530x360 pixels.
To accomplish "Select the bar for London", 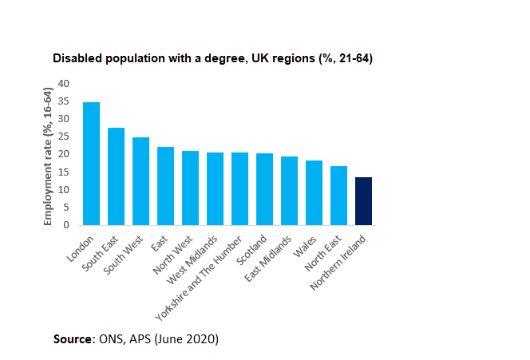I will click(91, 164).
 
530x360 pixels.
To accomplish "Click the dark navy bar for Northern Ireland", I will click(363, 201).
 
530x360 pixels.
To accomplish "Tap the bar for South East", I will click(116, 176).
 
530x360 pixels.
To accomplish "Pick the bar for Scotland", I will click(264, 189).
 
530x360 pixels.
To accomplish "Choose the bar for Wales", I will click(314, 192).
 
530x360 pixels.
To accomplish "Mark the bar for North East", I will click(338, 196).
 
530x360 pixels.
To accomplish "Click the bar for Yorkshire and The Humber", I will click(239, 188).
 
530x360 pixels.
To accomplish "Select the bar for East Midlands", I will click(289, 191).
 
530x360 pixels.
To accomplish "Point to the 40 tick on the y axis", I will click(65, 83).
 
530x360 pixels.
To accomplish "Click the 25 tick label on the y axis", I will click(65, 136).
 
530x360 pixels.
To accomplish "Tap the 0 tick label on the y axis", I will click(68, 225).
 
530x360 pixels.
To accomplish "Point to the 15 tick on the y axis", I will click(65, 172).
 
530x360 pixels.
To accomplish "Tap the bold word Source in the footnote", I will click(73, 338).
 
